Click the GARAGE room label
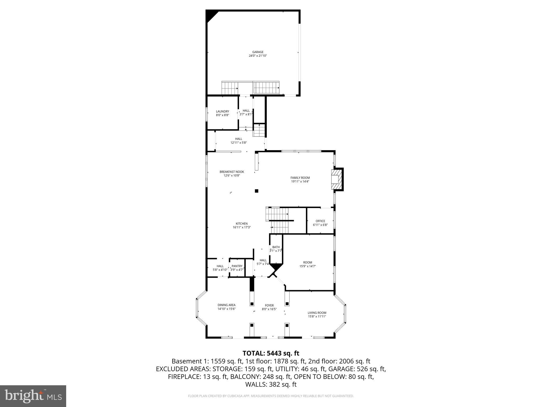click(x=258, y=52)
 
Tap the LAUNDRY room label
click(x=222, y=112)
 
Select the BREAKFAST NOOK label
click(x=232, y=172)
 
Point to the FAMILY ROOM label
click(x=300, y=178)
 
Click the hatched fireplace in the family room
click(x=336, y=180)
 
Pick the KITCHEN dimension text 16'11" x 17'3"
click(x=241, y=227)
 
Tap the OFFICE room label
click(x=320, y=221)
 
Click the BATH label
click(x=276, y=247)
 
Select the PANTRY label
click(x=237, y=266)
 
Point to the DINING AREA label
click(x=226, y=305)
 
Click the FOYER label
click(x=269, y=306)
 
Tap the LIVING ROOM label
click(x=317, y=313)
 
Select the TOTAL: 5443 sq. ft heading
click(x=271, y=353)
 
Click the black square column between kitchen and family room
click(x=256, y=191)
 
